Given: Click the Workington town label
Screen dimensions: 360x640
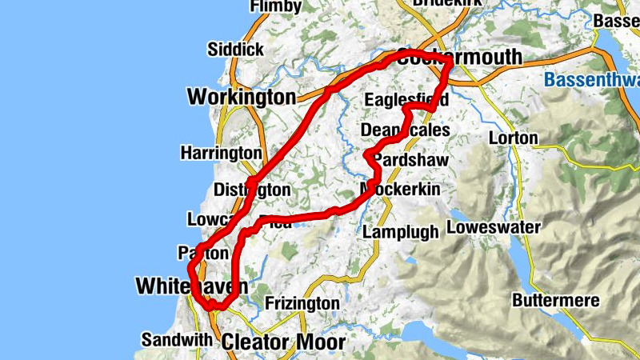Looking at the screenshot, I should [x=241, y=98].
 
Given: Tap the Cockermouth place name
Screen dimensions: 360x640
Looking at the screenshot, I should [x=458, y=58].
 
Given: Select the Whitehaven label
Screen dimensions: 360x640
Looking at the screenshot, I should [x=191, y=286].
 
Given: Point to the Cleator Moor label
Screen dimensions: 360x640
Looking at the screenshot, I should [x=283, y=342].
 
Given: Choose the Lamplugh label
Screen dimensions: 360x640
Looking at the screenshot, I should [x=401, y=232].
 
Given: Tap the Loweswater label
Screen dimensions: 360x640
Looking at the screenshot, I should [x=494, y=227].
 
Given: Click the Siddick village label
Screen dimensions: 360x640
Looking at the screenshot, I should [x=235, y=50].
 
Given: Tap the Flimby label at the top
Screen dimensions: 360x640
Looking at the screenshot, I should [x=276, y=6].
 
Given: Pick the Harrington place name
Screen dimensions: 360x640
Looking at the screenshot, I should [x=221, y=152].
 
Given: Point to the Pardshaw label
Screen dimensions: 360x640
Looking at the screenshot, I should [x=410, y=160].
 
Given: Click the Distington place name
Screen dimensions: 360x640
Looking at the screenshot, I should [x=252, y=190].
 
